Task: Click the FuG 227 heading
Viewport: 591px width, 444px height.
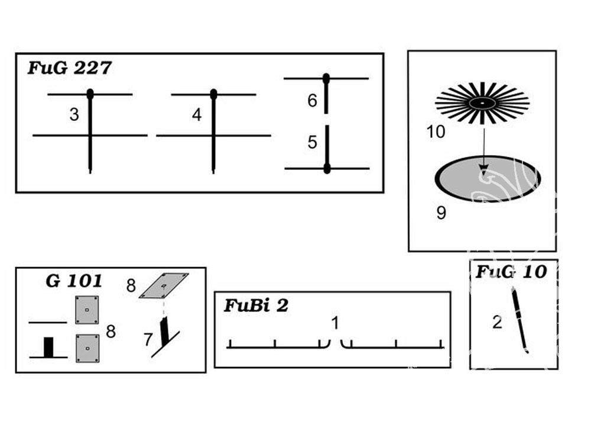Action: pyautogui.click(x=70, y=68)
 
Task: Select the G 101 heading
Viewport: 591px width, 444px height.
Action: pyautogui.click(x=74, y=281)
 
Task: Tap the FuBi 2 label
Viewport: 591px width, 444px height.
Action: pyautogui.click(x=256, y=305)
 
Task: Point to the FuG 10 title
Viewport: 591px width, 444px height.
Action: pyautogui.click(x=511, y=272)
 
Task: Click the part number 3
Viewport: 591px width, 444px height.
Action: pyautogui.click(x=74, y=114)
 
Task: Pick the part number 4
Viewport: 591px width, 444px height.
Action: pyautogui.click(x=197, y=115)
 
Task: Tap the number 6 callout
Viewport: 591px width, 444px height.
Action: pyautogui.click(x=312, y=101)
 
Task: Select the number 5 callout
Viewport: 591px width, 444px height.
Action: pyautogui.click(x=312, y=142)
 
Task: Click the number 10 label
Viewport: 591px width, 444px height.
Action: pyautogui.click(x=436, y=132)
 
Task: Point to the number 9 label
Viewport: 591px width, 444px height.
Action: pyautogui.click(x=441, y=213)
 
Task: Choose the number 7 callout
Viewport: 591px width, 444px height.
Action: pyautogui.click(x=148, y=339)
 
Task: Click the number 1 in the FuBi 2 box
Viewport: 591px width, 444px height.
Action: pyautogui.click(x=335, y=323)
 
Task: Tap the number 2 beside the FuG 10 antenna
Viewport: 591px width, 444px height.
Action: pyautogui.click(x=497, y=322)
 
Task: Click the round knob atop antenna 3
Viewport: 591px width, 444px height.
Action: pyautogui.click(x=90, y=94)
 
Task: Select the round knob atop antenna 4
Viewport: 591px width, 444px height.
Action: pyautogui.click(x=214, y=94)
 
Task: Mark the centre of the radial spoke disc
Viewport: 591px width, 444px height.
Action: pyautogui.click(x=482, y=102)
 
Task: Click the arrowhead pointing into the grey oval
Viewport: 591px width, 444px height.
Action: pyautogui.click(x=483, y=168)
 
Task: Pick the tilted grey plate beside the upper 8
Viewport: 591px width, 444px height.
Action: pyautogui.click(x=164, y=285)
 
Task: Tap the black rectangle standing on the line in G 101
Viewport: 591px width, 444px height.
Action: pyautogui.click(x=48, y=347)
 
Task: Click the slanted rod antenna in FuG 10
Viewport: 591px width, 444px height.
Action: pyautogui.click(x=519, y=320)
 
